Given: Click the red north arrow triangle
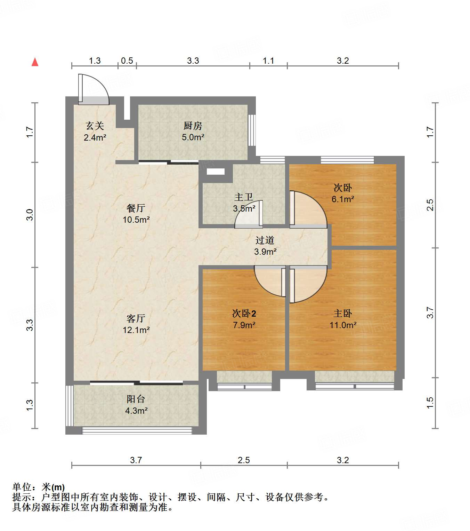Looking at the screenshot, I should [35, 62].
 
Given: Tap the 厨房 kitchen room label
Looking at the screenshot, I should [193, 126].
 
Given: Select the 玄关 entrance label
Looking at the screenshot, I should [95, 126].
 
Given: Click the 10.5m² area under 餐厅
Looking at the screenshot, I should [136, 220].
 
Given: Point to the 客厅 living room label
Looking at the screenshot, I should [136, 318].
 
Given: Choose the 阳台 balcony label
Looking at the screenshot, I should [136, 399].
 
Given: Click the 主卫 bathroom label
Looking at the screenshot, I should [243, 197].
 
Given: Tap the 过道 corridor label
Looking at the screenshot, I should [265, 240].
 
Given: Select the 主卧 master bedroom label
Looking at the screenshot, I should [342, 314].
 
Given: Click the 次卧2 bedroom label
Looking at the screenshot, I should [244, 314].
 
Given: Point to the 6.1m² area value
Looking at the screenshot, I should [343, 199].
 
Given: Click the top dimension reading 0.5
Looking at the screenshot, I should [127, 61].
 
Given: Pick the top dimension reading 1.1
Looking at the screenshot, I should [268, 61].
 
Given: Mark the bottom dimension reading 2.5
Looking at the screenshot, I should [244, 460].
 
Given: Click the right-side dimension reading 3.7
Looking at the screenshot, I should [430, 312].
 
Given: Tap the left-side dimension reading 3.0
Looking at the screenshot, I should [30, 214].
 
